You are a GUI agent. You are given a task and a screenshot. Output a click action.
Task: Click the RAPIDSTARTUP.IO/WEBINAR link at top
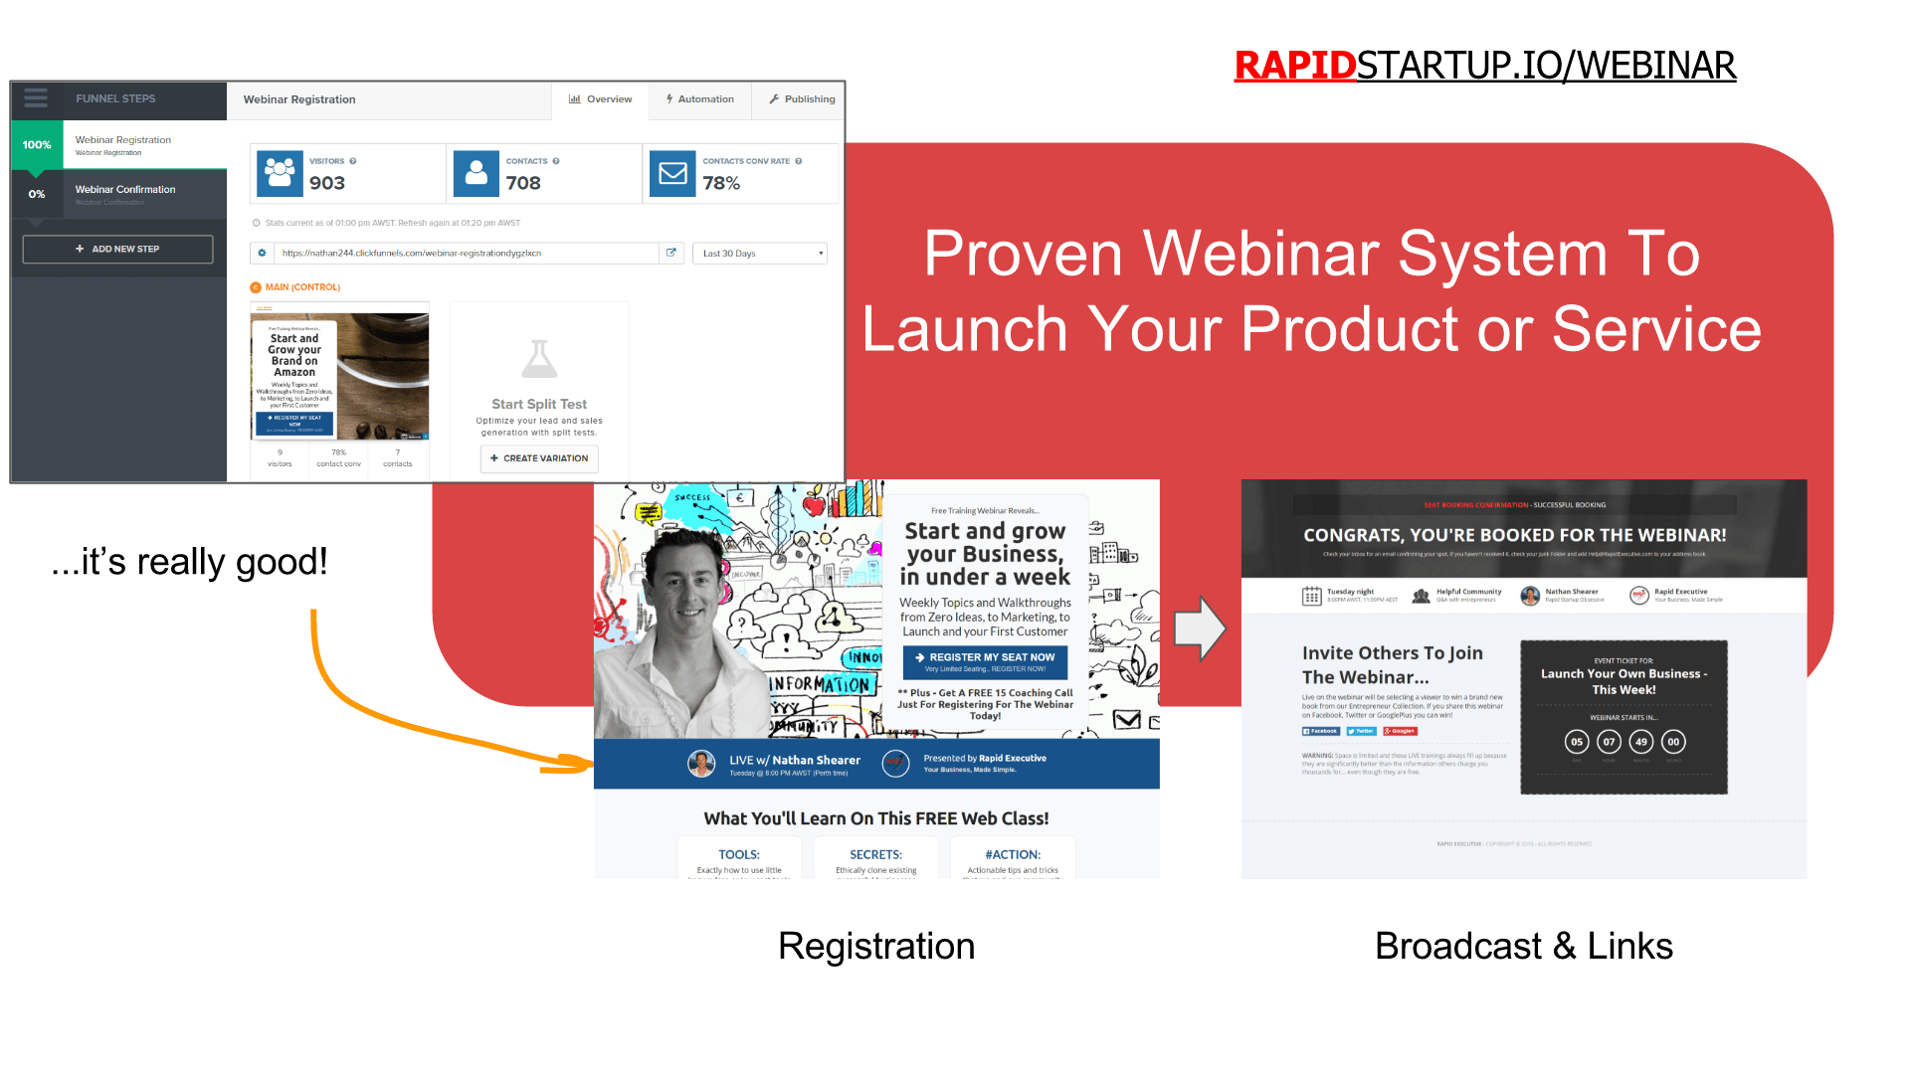click(x=1484, y=66)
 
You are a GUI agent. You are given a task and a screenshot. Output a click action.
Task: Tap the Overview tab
click(x=600, y=99)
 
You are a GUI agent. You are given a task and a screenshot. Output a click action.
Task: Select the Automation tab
click(x=699, y=99)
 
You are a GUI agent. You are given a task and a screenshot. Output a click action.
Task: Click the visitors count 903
click(x=327, y=183)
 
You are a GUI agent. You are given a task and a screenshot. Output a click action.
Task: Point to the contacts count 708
click(x=523, y=183)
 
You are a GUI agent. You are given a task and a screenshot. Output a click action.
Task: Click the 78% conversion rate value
click(x=721, y=183)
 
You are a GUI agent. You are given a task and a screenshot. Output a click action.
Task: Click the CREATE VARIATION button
click(x=539, y=458)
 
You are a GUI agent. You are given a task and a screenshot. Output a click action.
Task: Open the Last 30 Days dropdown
click(x=761, y=254)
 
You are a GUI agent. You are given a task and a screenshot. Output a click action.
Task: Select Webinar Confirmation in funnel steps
click(x=125, y=190)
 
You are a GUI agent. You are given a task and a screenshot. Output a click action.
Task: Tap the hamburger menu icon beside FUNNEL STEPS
click(x=36, y=98)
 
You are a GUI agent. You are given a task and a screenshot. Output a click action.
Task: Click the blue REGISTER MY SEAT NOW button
click(x=985, y=661)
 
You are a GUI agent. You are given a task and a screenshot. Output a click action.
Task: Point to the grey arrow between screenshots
click(x=1200, y=628)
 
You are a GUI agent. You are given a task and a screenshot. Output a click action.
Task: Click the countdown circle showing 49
click(x=1641, y=742)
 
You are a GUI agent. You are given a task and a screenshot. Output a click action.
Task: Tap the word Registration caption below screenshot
click(x=876, y=946)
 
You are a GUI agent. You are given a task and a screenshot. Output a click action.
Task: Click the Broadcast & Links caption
click(x=1523, y=946)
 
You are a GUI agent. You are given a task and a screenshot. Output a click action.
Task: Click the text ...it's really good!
click(x=189, y=562)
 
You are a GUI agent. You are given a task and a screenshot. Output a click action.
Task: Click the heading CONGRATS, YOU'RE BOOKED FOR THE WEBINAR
click(x=1514, y=535)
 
